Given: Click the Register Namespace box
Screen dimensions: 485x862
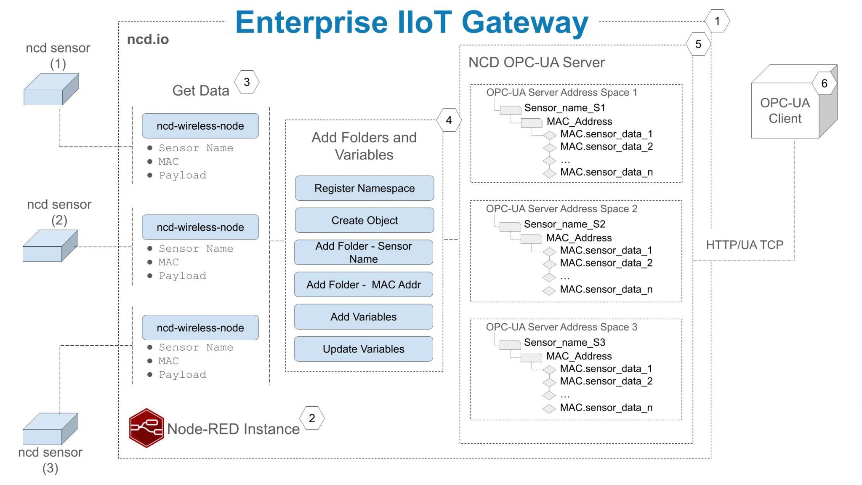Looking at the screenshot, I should coord(364,188).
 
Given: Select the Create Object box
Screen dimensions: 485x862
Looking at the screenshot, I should coord(364,220).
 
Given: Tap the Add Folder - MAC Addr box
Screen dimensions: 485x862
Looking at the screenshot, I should coord(363,285).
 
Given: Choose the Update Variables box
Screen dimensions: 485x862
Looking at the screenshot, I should coord(363,349).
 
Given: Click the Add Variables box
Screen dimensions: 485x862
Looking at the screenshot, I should coord(363,317).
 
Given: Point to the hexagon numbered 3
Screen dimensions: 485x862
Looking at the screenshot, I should coord(247,82).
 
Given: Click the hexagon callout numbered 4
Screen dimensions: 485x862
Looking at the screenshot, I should coord(449,120).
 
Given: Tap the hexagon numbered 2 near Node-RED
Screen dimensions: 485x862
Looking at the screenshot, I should coord(312,418).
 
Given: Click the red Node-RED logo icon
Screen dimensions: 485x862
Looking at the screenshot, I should coord(146,428).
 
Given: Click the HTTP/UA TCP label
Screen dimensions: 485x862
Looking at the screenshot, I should coord(745,245).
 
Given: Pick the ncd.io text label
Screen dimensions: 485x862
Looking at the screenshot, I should coord(148,40).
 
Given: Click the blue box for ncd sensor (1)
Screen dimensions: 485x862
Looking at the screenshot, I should coord(51,90).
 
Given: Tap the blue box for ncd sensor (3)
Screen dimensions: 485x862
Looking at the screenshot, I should coord(50,429).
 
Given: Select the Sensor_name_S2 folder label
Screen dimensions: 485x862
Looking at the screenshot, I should coord(564,224).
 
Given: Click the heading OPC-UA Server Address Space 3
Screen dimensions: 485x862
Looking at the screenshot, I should coord(561,327).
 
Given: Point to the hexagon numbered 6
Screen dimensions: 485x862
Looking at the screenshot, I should coord(824,83).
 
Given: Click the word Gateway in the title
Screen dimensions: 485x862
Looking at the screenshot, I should coord(525,23).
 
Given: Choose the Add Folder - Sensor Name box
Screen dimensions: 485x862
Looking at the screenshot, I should coord(363,252).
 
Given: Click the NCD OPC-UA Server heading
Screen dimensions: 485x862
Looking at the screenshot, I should coord(536,63).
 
